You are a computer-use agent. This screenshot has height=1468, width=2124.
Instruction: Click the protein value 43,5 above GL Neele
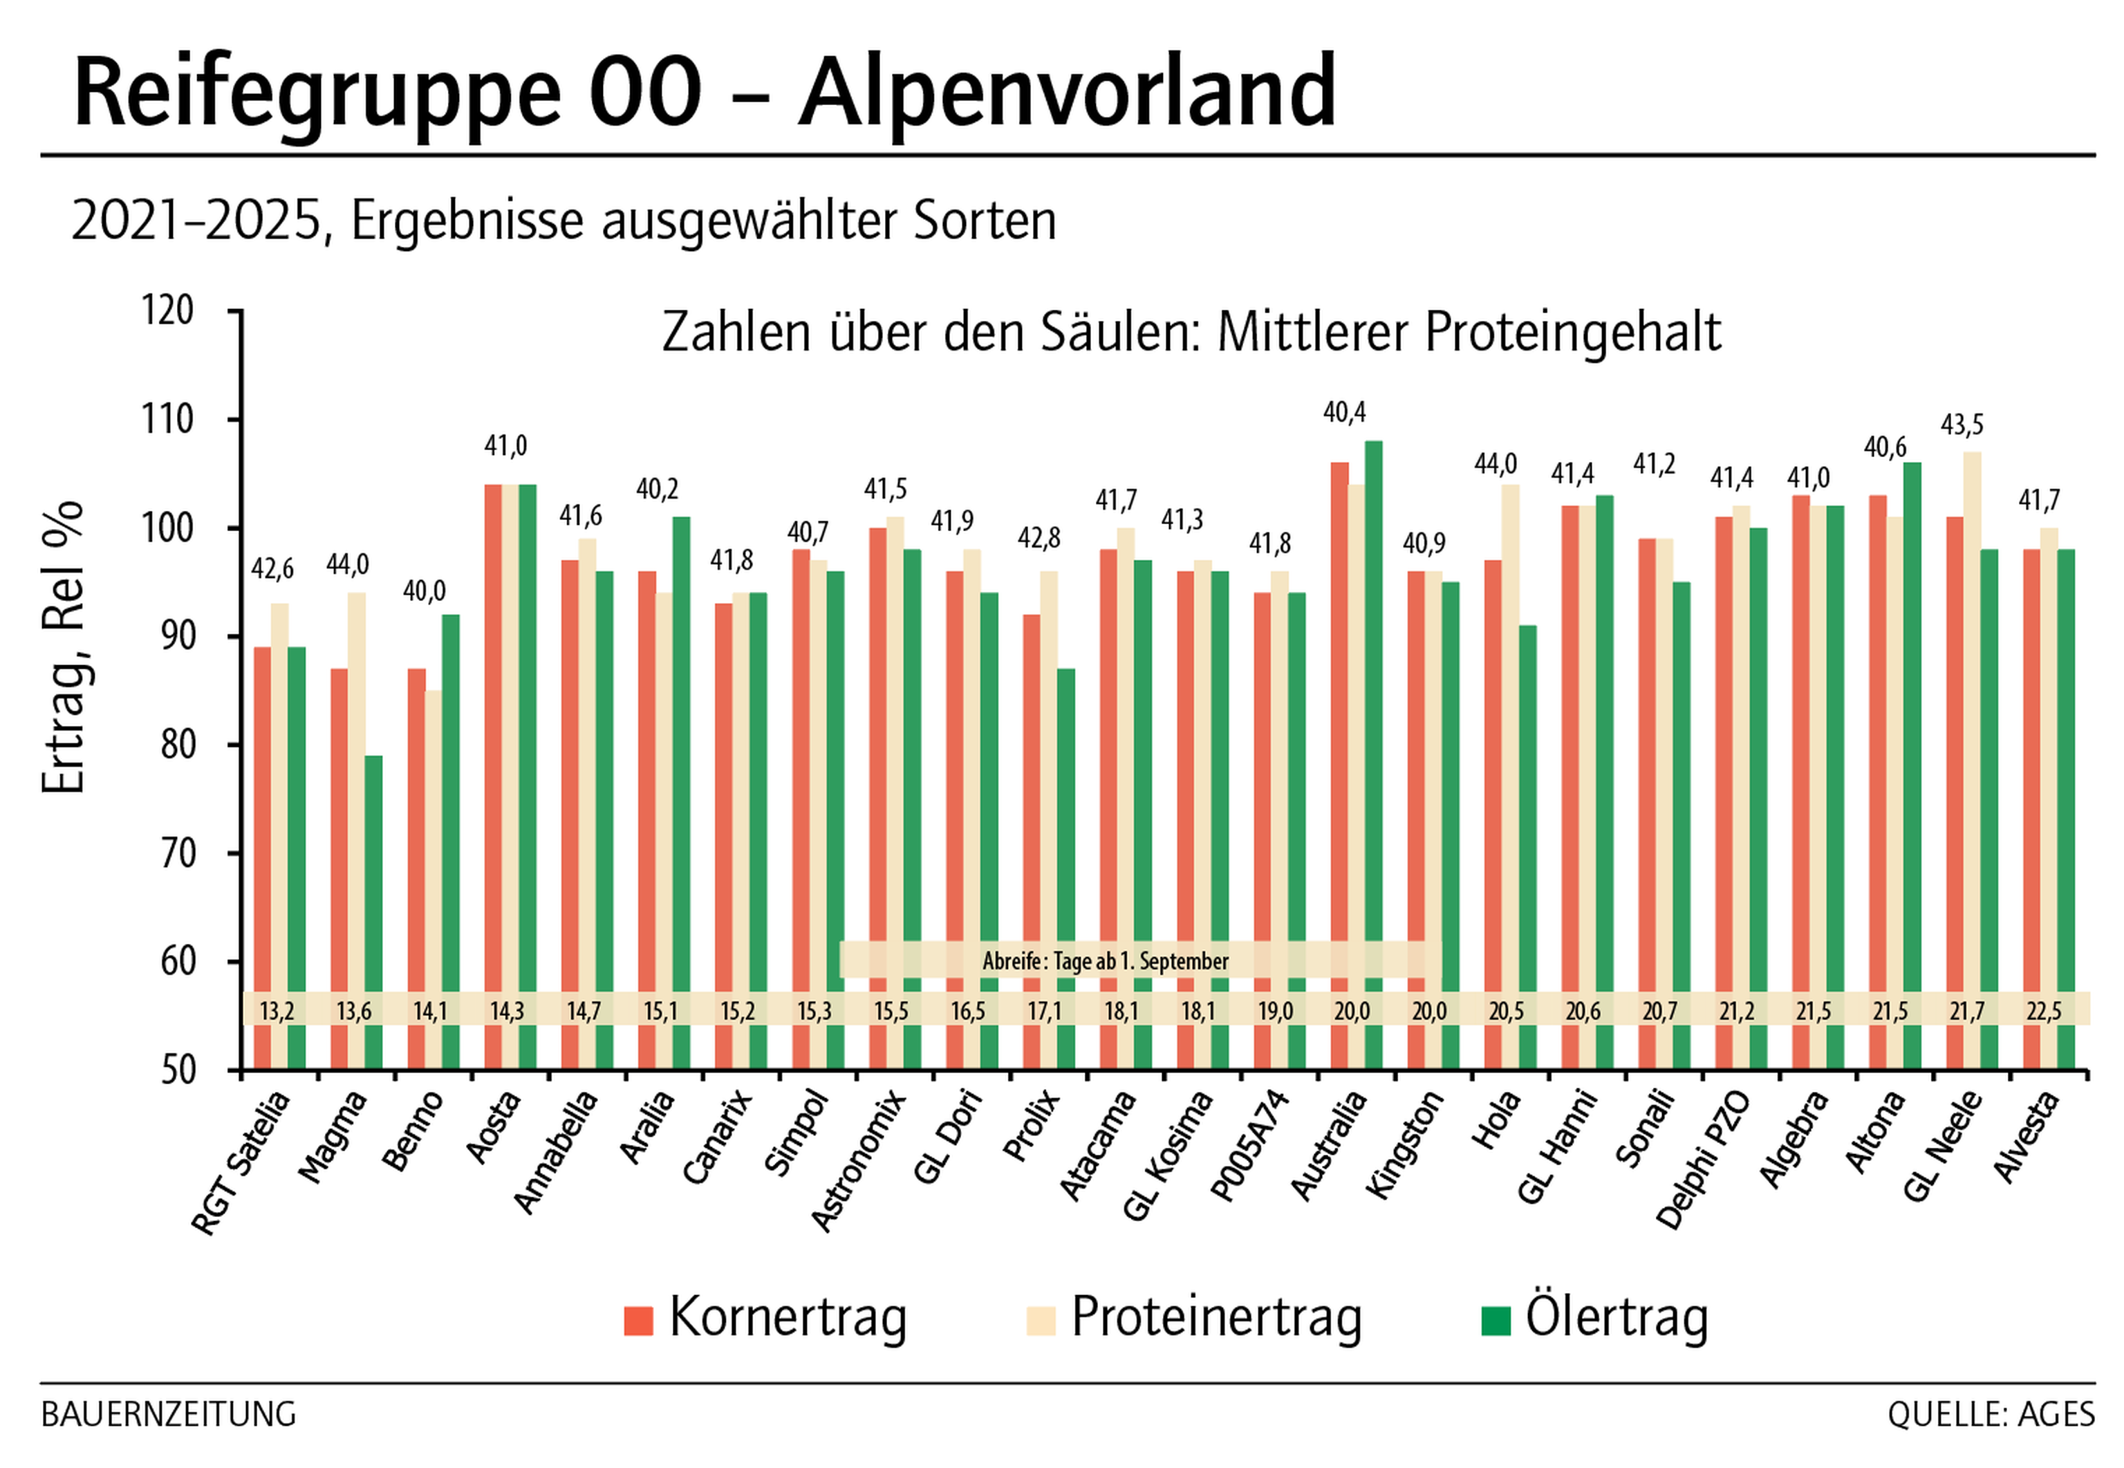1962,425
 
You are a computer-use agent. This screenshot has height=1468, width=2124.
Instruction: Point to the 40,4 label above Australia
1344,412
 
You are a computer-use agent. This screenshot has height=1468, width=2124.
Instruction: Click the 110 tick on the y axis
167,420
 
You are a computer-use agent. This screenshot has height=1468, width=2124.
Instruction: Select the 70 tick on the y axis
178,853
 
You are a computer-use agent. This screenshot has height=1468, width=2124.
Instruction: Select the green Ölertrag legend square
1496,1321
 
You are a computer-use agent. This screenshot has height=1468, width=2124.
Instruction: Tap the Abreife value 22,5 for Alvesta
2044,1012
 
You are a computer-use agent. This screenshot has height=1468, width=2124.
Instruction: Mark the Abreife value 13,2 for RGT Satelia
277,1012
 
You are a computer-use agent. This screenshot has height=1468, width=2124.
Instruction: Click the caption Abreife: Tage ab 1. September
1106,961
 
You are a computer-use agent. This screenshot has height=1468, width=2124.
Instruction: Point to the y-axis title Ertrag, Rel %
64,647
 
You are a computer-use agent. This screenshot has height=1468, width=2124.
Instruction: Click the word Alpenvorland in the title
1067,92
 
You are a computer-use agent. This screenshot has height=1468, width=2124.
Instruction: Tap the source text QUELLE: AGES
1991,1415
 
